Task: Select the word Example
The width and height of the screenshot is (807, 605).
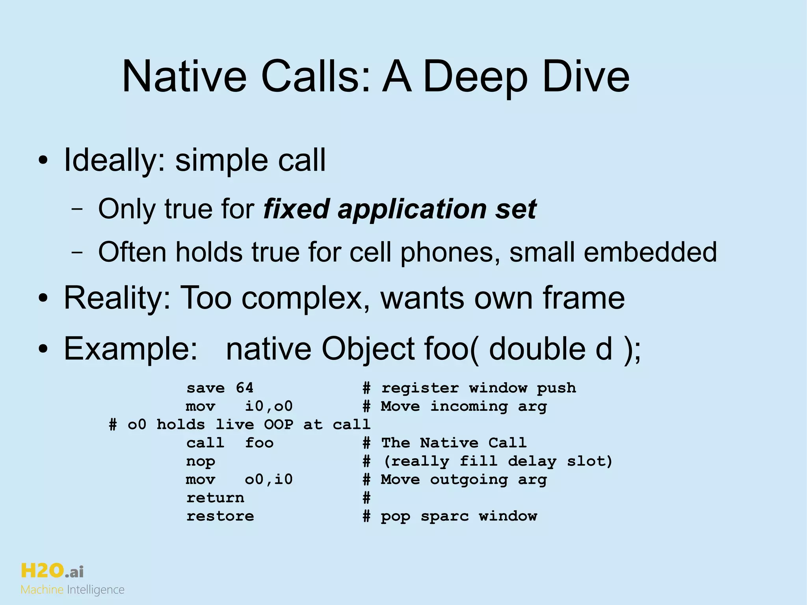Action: (130, 349)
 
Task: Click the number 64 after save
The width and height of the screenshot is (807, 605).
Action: (244, 388)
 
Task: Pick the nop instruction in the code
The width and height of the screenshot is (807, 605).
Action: (201, 461)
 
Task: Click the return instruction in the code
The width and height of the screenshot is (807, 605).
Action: (215, 498)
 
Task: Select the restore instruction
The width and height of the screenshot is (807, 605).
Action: (220, 516)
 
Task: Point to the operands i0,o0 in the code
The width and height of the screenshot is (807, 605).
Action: (269, 406)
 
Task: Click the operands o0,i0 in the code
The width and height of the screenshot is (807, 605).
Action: (269, 480)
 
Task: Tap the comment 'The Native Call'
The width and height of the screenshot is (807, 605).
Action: (454, 443)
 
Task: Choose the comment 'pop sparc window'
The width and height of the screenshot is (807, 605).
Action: (459, 516)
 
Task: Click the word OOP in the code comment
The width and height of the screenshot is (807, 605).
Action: (279, 424)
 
